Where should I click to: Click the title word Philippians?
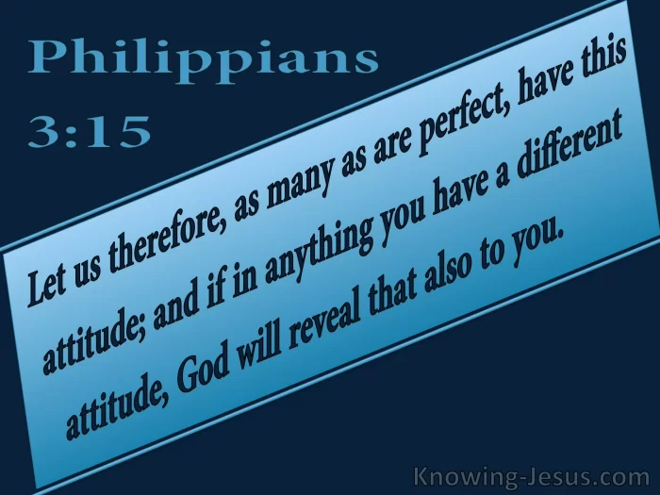(x=204, y=59)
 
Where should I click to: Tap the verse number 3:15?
(x=90, y=131)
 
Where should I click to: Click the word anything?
(x=319, y=245)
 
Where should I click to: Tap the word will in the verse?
(x=262, y=337)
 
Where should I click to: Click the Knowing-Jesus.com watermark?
(x=532, y=477)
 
